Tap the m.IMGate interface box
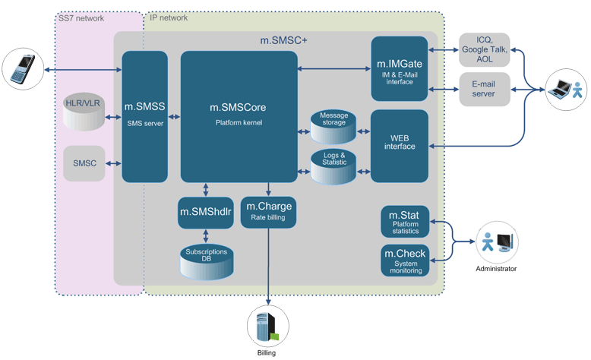[400, 68]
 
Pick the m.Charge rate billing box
[268, 212]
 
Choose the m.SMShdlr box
[205, 212]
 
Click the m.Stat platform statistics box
[405, 223]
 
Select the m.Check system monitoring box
[405, 260]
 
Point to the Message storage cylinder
[333, 126]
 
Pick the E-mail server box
[484, 89]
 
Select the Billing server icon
[268, 327]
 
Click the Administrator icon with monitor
[495, 242]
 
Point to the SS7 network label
[81, 17]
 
